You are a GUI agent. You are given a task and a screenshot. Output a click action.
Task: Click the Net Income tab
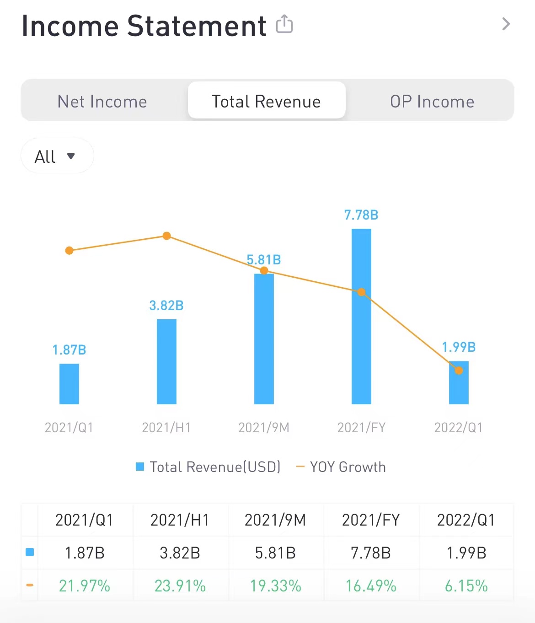pos(102,101)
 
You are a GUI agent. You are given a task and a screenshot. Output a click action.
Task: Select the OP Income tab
pos(432,101)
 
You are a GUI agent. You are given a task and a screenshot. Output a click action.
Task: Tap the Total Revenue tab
pos(266,101)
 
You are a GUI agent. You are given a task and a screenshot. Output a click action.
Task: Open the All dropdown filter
pos(57,156)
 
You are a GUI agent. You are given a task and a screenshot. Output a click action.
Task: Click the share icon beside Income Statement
pos(284,24)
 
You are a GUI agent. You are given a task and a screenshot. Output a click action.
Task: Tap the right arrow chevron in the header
pos(506,24)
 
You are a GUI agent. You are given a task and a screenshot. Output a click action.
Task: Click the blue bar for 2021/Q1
pos(69,384)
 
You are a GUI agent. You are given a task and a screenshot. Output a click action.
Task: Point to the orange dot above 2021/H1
pos(166,236)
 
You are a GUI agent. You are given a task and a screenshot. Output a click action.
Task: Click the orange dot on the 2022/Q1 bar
pos(459,371)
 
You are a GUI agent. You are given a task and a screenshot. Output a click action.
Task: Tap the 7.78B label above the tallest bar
pos(361,215)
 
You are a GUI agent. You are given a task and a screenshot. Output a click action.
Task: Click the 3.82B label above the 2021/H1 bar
pos(166,306)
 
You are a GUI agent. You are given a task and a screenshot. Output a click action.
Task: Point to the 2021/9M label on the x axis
pos(264,428)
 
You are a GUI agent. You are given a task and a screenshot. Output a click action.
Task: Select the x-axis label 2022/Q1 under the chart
pos(458,428)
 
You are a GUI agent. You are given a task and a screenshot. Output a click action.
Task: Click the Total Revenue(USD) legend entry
pos(209,467)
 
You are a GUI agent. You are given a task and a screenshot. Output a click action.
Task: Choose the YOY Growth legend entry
pos(342,467)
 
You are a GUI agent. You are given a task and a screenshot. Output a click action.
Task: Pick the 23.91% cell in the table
pos(180,586)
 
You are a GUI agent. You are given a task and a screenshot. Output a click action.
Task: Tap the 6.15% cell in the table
pos(466,586)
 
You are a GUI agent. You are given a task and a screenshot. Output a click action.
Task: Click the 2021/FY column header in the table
pos(371,520)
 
